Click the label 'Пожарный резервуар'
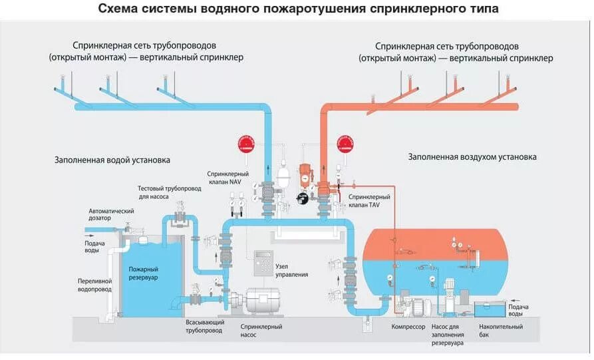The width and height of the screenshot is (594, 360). pos(143,273)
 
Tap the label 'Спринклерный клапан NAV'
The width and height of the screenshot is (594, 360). pos(227,178)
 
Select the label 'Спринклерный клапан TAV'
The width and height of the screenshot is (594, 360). pos(369,201)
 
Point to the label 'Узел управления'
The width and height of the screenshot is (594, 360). pos(291,271)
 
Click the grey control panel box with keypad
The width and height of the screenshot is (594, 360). pos(263,263)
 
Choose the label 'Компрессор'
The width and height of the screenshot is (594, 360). pos(408,327)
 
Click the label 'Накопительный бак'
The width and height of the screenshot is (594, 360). pos(501,331)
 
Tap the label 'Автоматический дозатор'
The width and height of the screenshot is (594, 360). pos(111,214)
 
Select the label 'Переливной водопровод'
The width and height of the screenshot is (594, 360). pos(94,285)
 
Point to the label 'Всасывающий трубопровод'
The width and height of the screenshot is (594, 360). pos(205,326)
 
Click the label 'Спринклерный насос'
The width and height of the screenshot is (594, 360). pos(261,331)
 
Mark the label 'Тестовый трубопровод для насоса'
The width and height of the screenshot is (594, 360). pos(170,192)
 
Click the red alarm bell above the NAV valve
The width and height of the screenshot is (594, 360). pos(246,144)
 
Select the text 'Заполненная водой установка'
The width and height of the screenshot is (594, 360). pos(112,160)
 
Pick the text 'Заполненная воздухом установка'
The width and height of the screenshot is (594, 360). pos(472,157)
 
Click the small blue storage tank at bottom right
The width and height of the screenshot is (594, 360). pos(490,309)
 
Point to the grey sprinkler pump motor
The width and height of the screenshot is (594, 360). pos(263,301)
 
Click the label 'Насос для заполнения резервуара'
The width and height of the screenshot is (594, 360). pos(448,335)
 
